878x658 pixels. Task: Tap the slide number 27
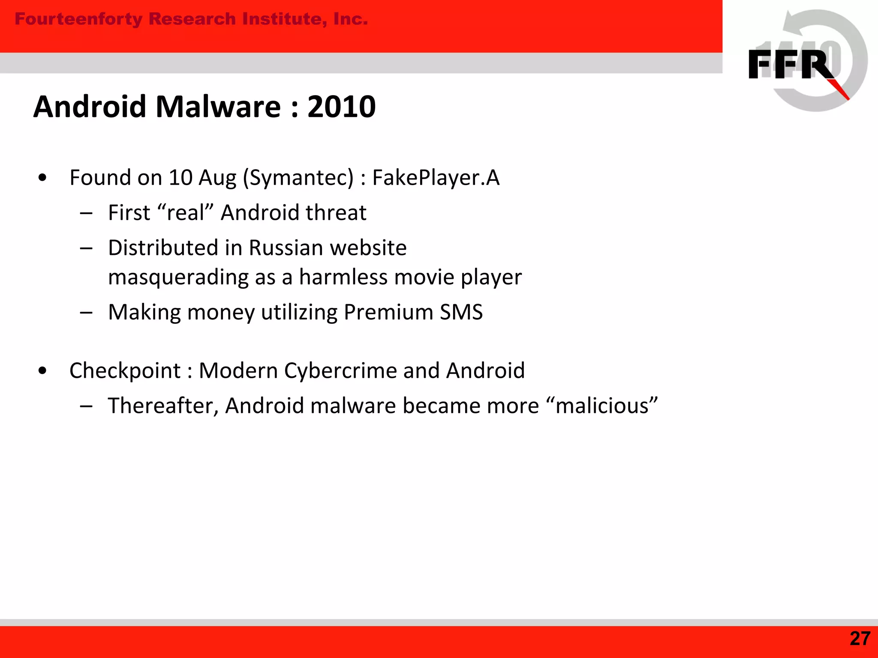(x=860, y=639)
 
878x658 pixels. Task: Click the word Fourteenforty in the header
(x=78, y=19)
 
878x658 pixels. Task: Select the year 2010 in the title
(x=341, y=107)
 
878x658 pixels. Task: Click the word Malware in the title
(x=218, y=107)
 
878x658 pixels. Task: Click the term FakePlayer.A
(x=436, y=178)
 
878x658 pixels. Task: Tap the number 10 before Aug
(x=180, y=178)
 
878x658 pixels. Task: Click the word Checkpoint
(x=125, y=371)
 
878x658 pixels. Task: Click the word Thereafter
(x=163, y=406)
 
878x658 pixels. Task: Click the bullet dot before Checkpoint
(x=42, y=371)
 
